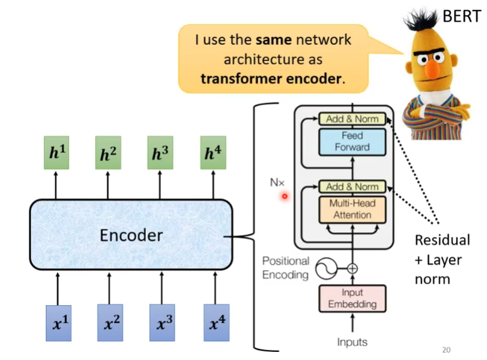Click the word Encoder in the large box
(x=131, y=235)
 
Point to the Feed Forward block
(x=352, y=142)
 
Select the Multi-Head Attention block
(x=352, y=209)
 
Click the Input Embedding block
(x=352, y=298)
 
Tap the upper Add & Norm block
(x=352, y=119)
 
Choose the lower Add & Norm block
(x=352, y=187)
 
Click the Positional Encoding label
(x=285, y=268)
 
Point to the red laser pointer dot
(x=284, y=197)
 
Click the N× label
(x=276, y=183)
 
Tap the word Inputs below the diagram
(x=352, y=342)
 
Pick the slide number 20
(x=445, y=349)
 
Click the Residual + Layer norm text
(x=441, y=259)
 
